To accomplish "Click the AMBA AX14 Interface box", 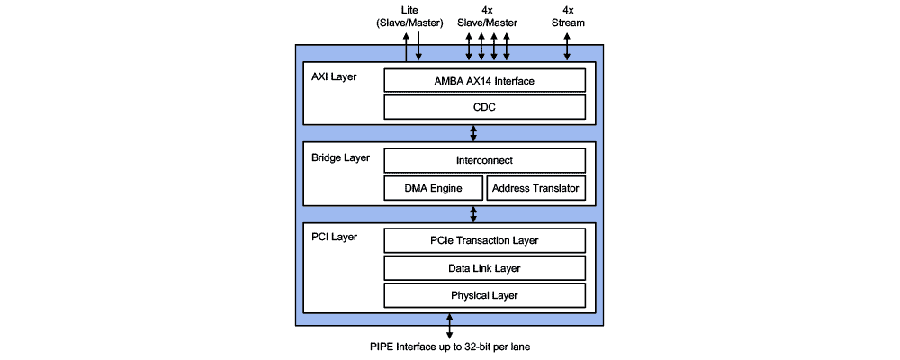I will tap(485, 81).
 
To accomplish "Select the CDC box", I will tap(485, 108).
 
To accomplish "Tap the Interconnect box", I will tap(485, 161).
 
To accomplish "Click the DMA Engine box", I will tap(433, 188).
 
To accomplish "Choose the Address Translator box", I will tap(536, 188).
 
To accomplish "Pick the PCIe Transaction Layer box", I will tap(485, 240).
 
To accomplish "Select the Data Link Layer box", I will tap(485, 268).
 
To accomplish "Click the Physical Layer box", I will tap(485, 295).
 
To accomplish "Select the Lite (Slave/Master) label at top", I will tap(409, 16).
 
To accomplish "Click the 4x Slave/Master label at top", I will tap(486, 16).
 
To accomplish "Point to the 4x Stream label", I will tap(567, 16).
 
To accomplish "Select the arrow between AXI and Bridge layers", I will tap(474, 133).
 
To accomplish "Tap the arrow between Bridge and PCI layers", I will tap(474, 214).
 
